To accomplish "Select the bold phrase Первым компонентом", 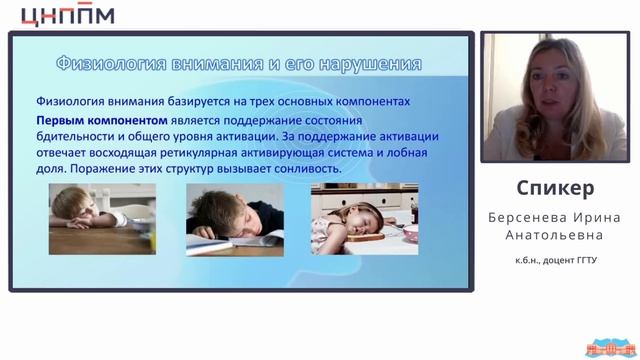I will (x=87, y=119).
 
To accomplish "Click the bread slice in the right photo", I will (x=367, y=235).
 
